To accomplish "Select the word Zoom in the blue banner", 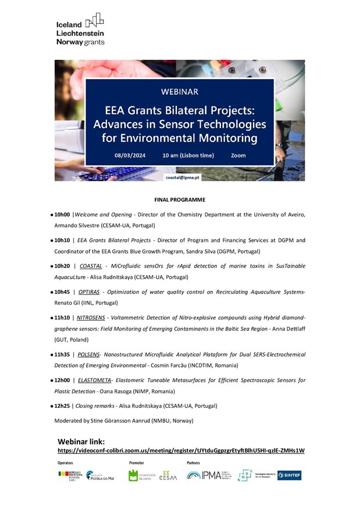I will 238,155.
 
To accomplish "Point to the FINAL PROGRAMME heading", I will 180,199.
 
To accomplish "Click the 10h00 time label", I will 62,215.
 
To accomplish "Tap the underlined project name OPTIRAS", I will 89,291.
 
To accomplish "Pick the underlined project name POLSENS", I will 90,354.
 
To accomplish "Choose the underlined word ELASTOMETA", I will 95,380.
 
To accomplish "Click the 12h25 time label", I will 62,405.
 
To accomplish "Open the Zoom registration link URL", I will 181,450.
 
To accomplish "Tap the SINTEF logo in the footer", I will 289,475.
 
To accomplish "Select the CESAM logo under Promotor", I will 166,475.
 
